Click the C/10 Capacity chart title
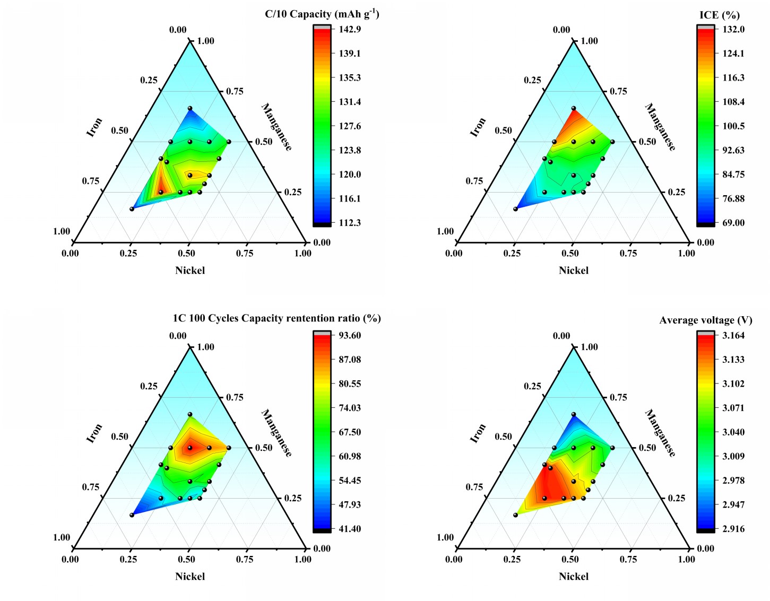pyautogui.click(x=322, y=14)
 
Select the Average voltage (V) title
pyautogui.click(x=705, y=320)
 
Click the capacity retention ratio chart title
pyautogui.click(x=276, y=318)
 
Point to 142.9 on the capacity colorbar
pyautogui.click(x=350, y=29)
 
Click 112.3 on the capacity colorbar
pyautogui.click(x=350, y=223)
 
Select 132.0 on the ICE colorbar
pyautogui.click(x=733, y=29)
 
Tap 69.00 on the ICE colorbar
pyautogui.click(x=733, y=223)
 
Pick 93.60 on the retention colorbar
pyautogui.click(x=350, y=335)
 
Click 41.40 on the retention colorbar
pyautogui.click(x=350, y=529)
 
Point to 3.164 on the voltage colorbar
pyautogui.click(x=733, y=335)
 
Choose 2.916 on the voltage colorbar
pyautogui.click(x=733, y=529)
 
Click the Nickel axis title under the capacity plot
pyautogui.click(x=190, y=271)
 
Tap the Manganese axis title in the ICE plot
pyautogui.click(x=660, y=127)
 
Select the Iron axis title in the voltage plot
pyautogui.click(x=478, y=433)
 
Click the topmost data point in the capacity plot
pyautogui.click(x=190, y=108)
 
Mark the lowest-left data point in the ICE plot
pyautogui.click(x=515, y=209)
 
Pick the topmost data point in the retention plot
pyautogui.click(x=190, y=414)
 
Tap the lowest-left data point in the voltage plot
pyautogui.click(x=515, y=515)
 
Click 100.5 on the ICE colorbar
pyautogui.click(x=733, y=126)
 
